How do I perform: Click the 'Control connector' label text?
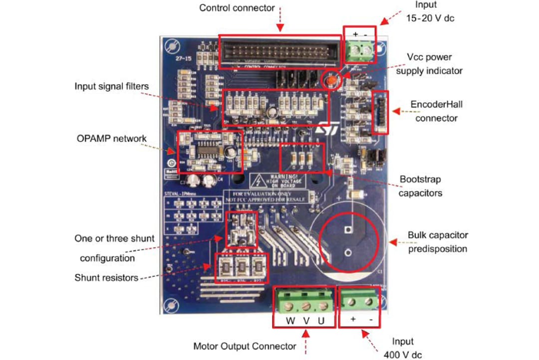237,8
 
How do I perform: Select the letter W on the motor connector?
290,321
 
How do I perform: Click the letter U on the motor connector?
321,321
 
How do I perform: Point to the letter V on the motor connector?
305,321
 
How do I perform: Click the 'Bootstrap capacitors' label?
420,185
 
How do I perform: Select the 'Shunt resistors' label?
106,278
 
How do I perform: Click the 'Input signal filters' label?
111,86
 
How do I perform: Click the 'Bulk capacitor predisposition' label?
438,241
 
